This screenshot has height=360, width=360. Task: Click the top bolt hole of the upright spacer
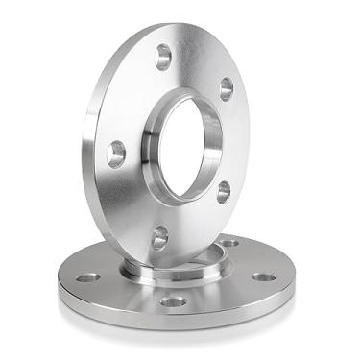point(163,57)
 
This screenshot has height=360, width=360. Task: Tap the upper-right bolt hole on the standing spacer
point(227,89)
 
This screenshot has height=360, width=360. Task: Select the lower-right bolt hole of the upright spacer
point(223,190)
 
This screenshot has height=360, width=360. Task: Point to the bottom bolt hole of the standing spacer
point(160,236)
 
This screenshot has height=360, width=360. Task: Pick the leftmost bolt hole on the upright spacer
point(116,154)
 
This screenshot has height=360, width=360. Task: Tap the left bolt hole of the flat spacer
point(87,277)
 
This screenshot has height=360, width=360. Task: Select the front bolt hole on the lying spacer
point(174,301)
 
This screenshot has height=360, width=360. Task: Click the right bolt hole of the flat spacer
point(264,276)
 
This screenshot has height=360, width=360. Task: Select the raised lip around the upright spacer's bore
point(153,144)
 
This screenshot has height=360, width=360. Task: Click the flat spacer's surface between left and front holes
point(125,292)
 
